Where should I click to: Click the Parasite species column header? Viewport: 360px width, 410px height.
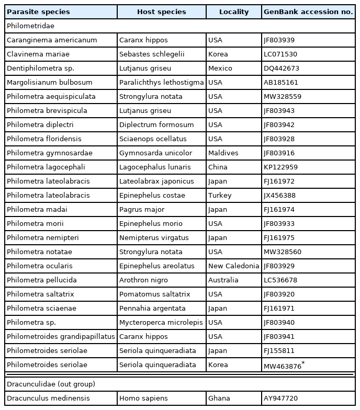(38, 12)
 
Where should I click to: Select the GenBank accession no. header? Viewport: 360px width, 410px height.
(308, 12)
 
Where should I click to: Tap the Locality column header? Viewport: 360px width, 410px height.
(234, 12)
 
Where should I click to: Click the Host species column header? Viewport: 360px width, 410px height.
(161, 12)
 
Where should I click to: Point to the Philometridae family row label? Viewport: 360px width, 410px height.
(30, 26)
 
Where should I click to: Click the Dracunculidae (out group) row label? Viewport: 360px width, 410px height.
(51, 384)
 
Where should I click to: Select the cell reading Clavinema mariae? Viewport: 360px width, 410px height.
(38, 54)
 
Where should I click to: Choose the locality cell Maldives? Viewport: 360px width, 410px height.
(223, 153)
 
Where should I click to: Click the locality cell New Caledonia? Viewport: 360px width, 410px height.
(233, 266)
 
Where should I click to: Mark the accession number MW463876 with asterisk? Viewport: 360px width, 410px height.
(284, 366)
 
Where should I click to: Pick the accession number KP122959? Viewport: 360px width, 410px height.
(281, 167)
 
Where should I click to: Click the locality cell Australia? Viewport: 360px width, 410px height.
(223, 280)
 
